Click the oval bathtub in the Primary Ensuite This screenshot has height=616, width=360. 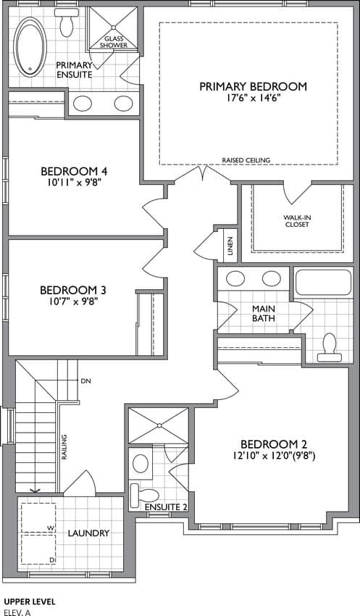coord(30,47)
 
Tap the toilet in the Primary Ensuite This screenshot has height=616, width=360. coord(67,22)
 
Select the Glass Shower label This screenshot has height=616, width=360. coord(114,42)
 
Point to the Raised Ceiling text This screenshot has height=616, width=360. coord(246,160)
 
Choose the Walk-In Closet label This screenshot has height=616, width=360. coord(297,221)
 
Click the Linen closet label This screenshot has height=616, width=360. coord(230,245)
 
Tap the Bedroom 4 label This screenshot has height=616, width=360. coord(74,171)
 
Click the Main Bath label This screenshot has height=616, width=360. coord(264,313)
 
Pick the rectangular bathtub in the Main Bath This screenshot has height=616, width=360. coord(323,282)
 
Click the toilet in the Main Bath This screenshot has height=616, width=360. coord(329,349)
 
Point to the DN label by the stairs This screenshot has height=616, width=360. coord(85,380)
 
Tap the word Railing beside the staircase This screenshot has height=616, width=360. coord(63,447)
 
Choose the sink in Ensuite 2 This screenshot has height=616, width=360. coord(141,464)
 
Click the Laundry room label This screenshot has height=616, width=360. coord(88,533)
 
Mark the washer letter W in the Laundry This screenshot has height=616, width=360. coord(51,528)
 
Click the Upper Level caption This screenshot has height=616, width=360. coord(30,602)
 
